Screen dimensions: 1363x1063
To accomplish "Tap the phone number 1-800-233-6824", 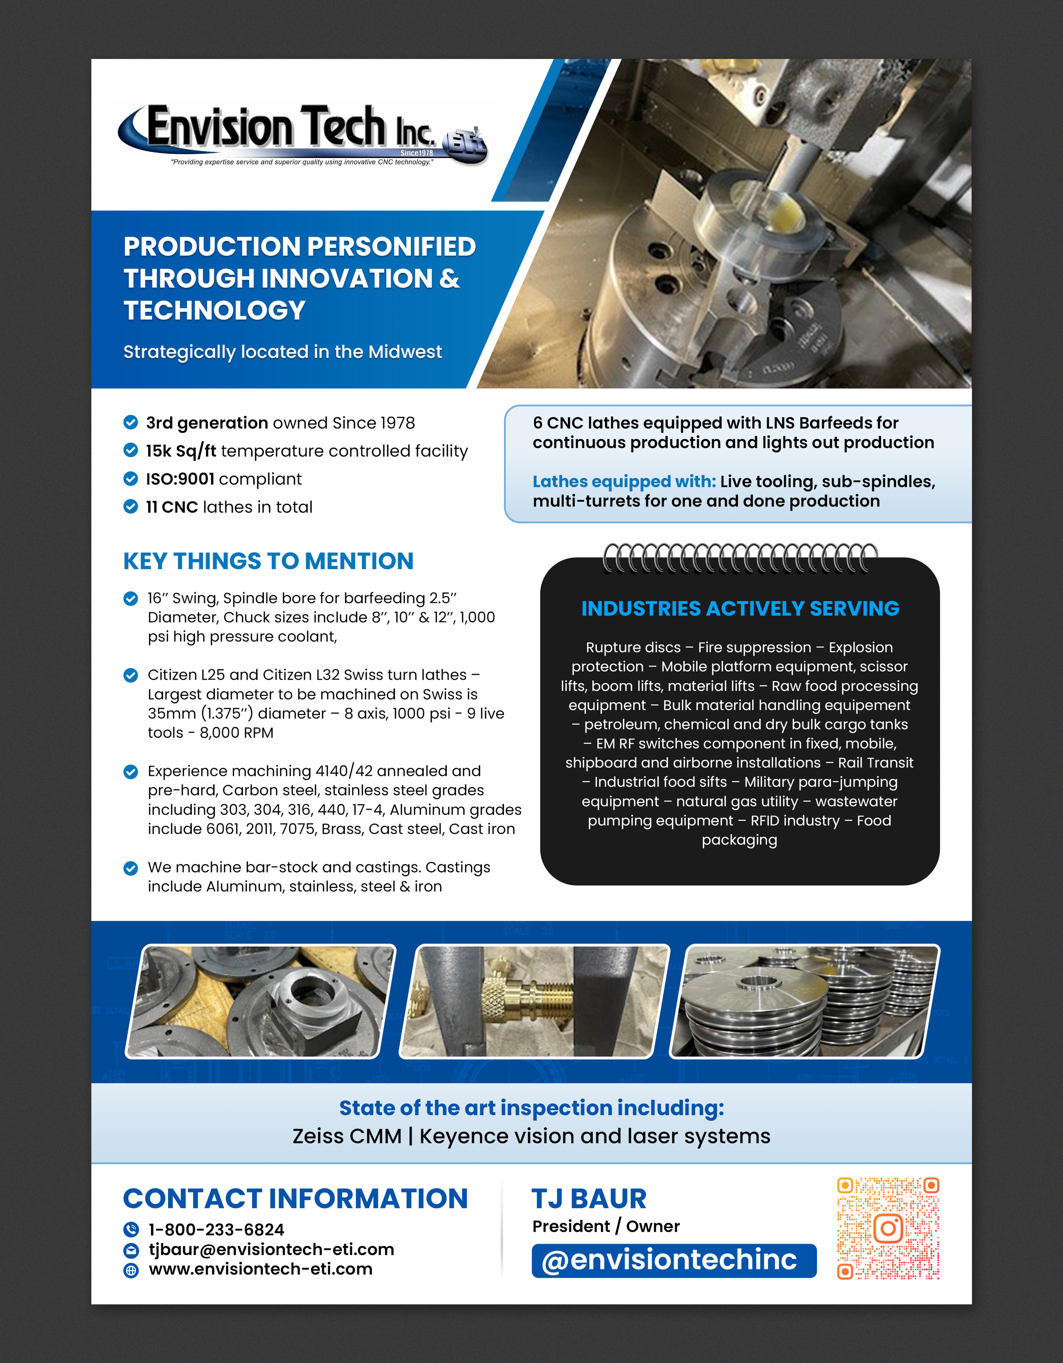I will [216, 1229].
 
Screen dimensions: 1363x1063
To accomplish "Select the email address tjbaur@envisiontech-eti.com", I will [271, 1250].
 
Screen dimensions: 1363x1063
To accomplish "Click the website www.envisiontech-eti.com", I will [260, 1269].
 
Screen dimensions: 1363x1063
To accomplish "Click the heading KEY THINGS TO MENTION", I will [269, 561].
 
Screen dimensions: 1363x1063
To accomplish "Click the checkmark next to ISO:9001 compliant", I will [131, 479].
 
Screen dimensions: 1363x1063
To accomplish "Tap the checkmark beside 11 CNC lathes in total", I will [131, 507].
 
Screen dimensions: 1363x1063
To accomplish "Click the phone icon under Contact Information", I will [131, 1229].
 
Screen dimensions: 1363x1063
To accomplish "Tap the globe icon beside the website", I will [131, 1270].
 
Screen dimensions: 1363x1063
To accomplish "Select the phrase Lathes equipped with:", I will [624, 482].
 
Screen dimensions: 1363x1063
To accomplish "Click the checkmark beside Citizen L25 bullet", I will [131, 675].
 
